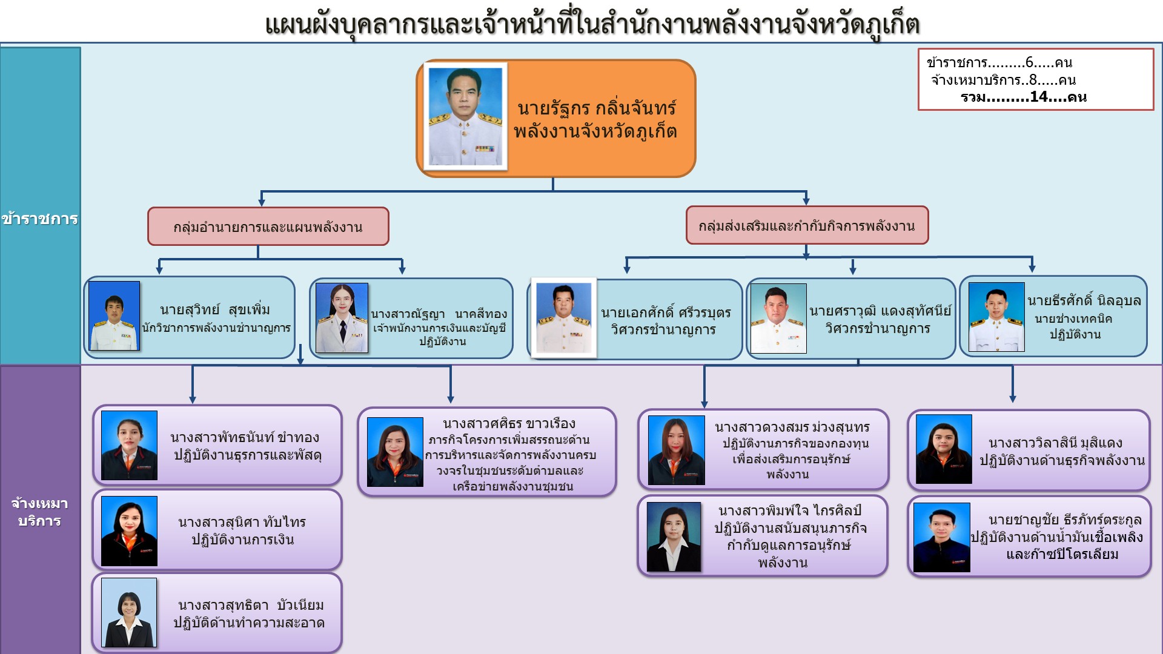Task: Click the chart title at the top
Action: [x=592, y=25]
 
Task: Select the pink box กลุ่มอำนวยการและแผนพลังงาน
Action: [x=268, y=227]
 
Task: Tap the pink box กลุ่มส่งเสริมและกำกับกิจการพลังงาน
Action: [x=806, y=226]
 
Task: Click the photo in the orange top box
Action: [x=465, y=116]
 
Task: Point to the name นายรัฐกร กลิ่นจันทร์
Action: [x=596, y=108]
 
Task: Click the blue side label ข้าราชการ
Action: [x=40, y=219]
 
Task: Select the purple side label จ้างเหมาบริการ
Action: [x=40, y=512]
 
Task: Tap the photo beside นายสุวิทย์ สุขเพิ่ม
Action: [x=114, y=315]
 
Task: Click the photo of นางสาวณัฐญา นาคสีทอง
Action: [x=342, y=317]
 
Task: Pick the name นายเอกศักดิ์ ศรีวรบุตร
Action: [x=666, y=313]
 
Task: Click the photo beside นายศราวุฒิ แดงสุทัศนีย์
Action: [x=778, y=319]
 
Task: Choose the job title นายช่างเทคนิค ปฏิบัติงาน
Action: [x=1074, y=326]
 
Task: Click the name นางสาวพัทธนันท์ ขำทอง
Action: [x=245, y=437]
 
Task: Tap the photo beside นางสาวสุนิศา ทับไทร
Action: [x=129, y=531]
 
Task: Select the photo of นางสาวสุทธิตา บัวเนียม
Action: [x=129, y=612]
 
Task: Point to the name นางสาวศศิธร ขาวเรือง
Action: [x=509, y=423]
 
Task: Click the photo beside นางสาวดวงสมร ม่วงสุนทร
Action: [x=676, y=450]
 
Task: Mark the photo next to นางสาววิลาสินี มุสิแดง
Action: [x=944, y=449]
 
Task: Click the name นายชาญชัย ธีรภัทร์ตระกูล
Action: [x=1065, y=520]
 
